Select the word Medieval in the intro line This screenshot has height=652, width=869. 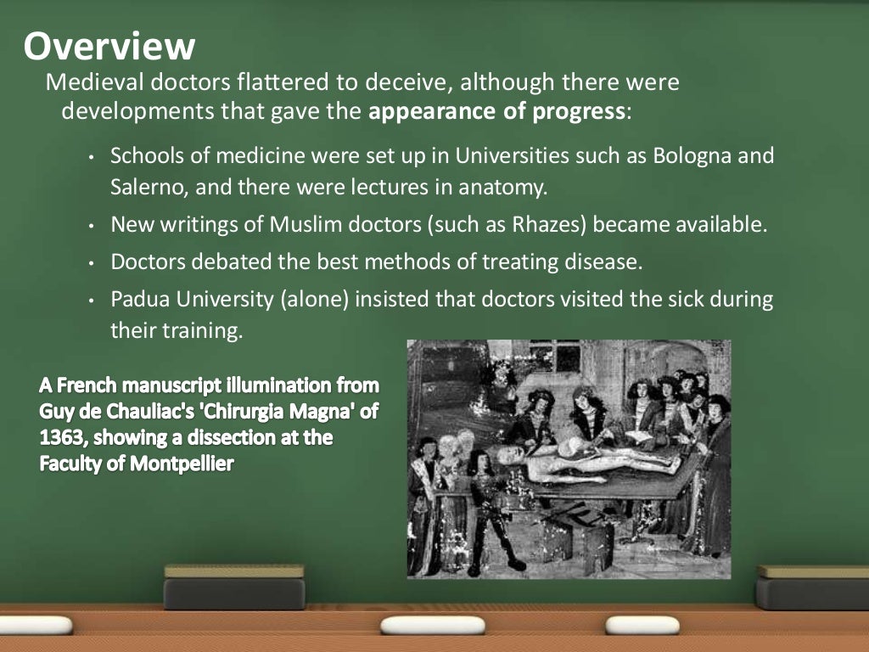[86, 83]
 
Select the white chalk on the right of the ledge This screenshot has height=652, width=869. [642, 626]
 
